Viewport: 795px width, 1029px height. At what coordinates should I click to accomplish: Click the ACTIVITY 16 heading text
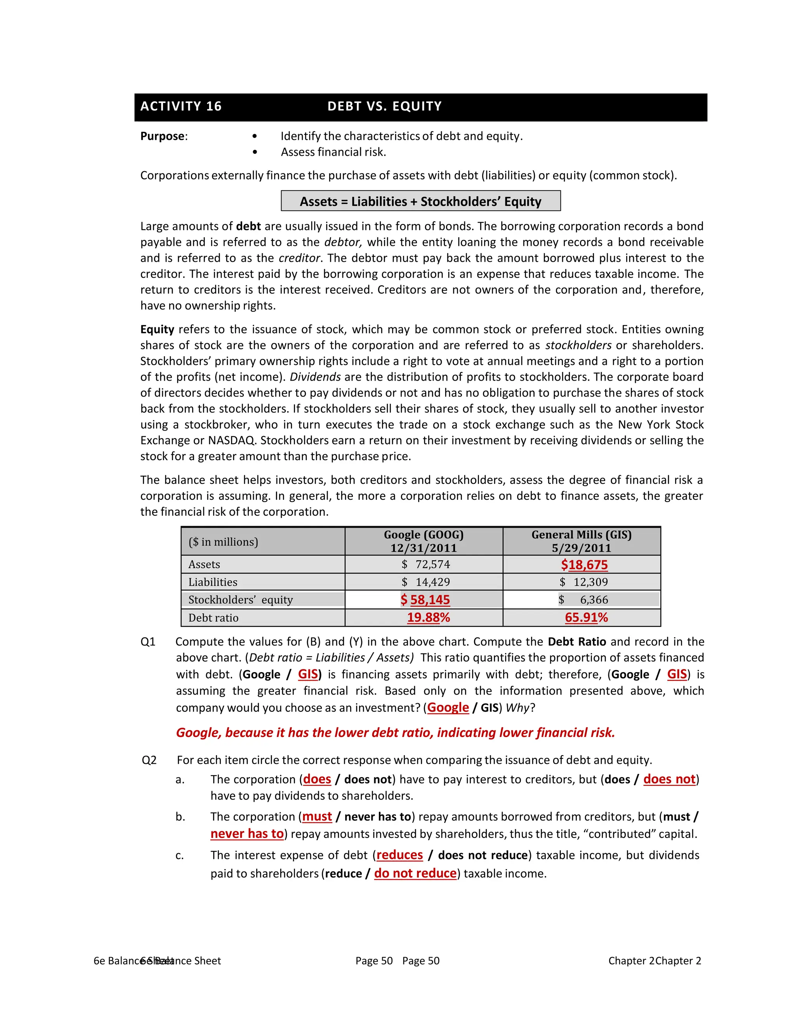181,106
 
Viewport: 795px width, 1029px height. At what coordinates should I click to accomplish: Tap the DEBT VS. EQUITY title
384,106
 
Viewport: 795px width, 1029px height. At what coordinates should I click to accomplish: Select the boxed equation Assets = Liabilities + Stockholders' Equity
420,202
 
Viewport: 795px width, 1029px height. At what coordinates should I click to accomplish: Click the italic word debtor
343,242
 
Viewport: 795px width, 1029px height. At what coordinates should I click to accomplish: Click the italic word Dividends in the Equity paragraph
315,377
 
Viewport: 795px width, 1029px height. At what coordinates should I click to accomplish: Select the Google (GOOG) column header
424,541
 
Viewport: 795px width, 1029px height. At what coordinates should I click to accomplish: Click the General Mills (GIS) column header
581,541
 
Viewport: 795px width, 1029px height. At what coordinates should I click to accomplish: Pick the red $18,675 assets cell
584,565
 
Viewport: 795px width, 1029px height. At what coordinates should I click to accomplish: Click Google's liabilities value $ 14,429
426,582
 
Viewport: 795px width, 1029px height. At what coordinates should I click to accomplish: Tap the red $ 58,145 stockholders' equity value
425,600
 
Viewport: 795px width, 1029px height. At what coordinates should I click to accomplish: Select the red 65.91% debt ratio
587,618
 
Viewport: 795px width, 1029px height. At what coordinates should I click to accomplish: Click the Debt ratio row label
214,618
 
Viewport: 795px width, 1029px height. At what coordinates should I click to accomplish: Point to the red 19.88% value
428,618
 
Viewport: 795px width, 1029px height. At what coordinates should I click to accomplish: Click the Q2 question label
149,760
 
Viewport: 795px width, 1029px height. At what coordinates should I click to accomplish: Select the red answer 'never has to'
247,834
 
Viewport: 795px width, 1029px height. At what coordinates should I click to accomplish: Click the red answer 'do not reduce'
415,874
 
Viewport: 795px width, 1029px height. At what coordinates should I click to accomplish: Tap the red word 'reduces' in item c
399,855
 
